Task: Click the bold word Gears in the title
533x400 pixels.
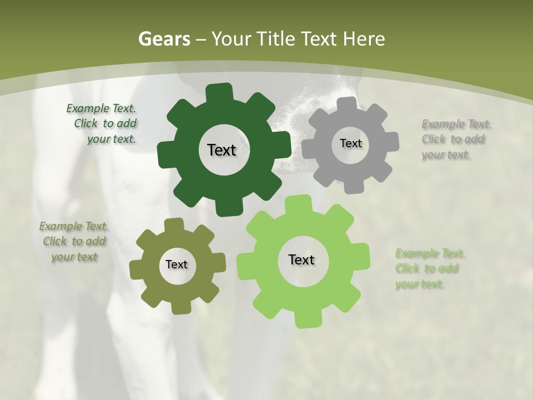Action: coord(164,39)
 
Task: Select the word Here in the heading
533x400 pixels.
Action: coord(364,39)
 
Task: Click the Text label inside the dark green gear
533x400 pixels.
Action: coord(222,150)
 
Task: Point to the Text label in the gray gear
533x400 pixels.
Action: coord(350,143)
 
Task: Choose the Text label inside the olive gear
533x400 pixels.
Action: coord(177,264)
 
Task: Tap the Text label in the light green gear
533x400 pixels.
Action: coord(301,259)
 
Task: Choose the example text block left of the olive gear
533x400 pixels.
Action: coord(73,241)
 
